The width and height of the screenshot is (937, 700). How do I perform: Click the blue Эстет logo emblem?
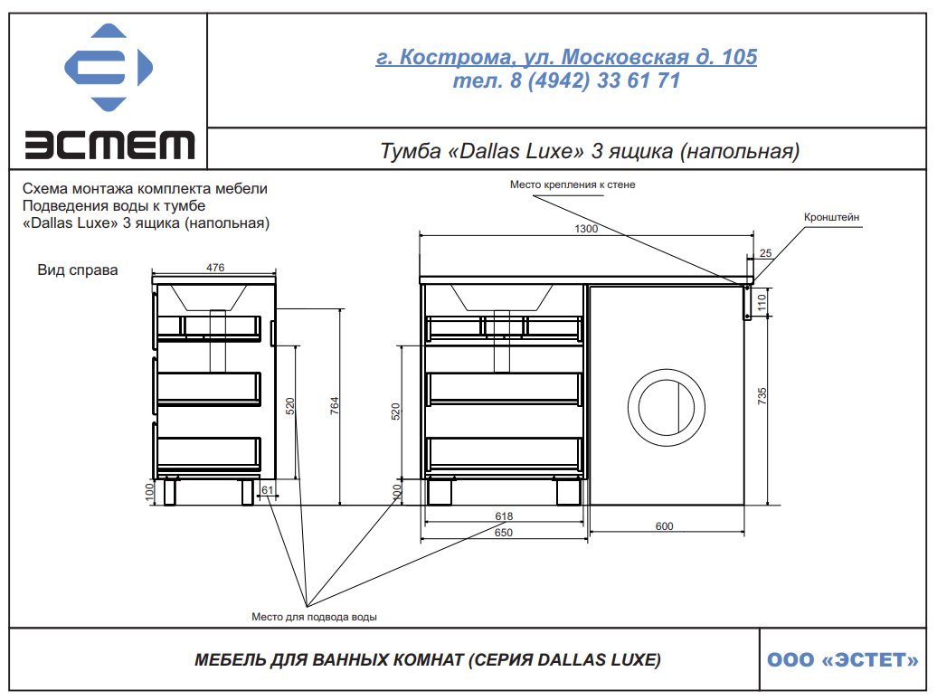(x=109, y=67)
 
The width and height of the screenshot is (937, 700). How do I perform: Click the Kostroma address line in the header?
(x=566, y=57)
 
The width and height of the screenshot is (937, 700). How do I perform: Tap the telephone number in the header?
(x=566, y=80)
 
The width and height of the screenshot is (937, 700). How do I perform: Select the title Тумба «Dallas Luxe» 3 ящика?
(x=589, y=151)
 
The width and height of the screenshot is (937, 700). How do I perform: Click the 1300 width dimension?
(x=586, y=229)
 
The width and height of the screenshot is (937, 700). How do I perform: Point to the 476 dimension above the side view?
(x=215, y=268)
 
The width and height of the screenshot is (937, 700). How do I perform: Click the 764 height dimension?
(x=335, y=406)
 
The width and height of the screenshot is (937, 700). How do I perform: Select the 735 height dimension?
(x=762, y=396)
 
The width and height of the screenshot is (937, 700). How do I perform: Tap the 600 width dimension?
(x=664, y=526)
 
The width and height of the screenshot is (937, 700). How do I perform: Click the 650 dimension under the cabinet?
(x=503, y=533)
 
